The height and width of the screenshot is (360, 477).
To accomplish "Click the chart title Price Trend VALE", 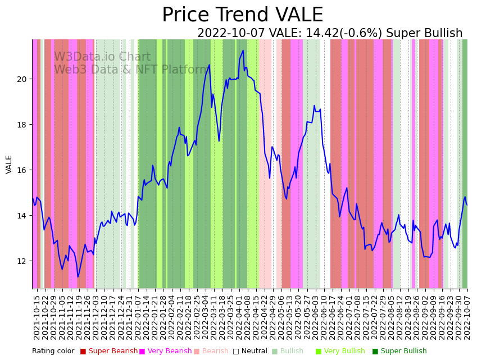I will (x=242, y=15).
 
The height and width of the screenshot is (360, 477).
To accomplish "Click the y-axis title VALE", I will (x=9, y=164).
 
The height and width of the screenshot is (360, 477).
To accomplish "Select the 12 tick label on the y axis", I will (x=22, y=261).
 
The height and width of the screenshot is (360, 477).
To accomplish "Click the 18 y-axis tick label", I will (x=22, y=125).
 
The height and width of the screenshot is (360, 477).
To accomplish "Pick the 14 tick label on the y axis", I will (x=22, y=216).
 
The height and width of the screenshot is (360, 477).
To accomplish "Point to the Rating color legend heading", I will (x=53, y=352).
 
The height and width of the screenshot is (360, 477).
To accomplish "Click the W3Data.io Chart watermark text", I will (x=102, y=57).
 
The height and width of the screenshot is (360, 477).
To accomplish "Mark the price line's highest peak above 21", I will (x=243, y=51).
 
